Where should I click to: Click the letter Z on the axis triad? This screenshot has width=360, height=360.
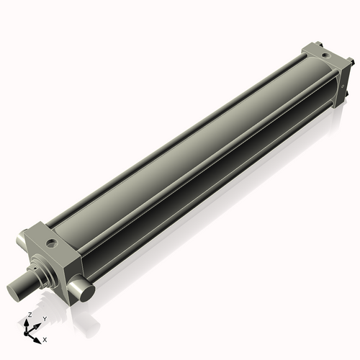point(30,315)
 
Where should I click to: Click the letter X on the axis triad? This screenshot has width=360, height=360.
point(45,338)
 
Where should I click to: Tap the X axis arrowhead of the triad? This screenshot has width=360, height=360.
point(38,336)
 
